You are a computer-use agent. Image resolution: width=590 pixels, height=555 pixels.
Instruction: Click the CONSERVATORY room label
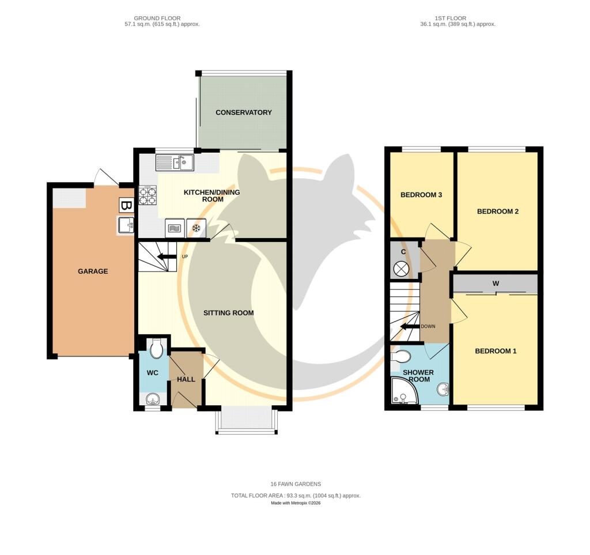244,112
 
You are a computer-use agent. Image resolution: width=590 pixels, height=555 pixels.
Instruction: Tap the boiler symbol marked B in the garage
126,205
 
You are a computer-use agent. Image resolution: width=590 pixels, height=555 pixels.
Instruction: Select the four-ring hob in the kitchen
148,196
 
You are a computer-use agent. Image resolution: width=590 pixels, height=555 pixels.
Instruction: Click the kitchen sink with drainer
175,163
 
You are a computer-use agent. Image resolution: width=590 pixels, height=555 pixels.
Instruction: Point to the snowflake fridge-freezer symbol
196,228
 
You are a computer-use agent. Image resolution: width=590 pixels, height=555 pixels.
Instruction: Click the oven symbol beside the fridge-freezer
175,228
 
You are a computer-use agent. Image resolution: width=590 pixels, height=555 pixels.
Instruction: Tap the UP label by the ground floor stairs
185,256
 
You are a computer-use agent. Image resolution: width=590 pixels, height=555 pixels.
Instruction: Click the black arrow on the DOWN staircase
410,326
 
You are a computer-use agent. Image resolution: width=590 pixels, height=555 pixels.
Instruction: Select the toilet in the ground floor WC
156,349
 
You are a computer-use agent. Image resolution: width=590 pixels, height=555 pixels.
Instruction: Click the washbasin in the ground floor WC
152,398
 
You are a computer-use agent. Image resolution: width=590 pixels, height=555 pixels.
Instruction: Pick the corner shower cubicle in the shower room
404,390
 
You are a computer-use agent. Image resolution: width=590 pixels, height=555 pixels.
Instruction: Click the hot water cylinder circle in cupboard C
400,269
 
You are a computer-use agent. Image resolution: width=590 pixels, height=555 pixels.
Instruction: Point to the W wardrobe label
496,284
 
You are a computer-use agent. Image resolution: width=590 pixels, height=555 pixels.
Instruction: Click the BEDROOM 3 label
421,195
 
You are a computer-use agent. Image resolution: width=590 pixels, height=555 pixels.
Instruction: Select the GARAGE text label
93,271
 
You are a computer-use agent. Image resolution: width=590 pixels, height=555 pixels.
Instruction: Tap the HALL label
186,379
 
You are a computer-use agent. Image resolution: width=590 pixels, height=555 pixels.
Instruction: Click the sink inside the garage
126,225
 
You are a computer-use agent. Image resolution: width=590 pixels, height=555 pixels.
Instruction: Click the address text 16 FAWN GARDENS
296,484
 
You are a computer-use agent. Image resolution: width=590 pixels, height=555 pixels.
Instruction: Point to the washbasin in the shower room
443,389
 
